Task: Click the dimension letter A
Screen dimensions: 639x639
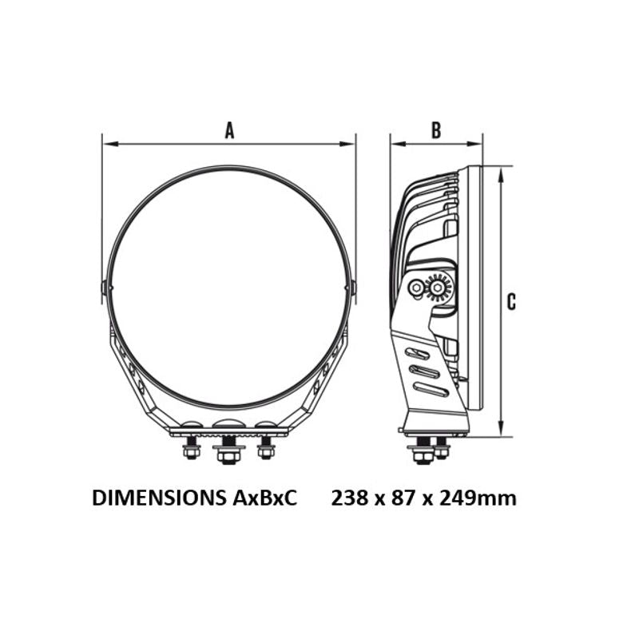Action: tap(230, 132)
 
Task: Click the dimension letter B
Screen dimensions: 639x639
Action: tap(436, 131)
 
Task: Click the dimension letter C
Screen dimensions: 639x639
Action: tap(511, 302)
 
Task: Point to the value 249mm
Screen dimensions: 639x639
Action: tap(478, 498)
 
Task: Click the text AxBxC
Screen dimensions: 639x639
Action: tap(265, 498)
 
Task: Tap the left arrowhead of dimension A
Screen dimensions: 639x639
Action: tap(110, 144)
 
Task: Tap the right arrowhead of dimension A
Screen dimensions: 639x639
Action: tap(347, 144)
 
